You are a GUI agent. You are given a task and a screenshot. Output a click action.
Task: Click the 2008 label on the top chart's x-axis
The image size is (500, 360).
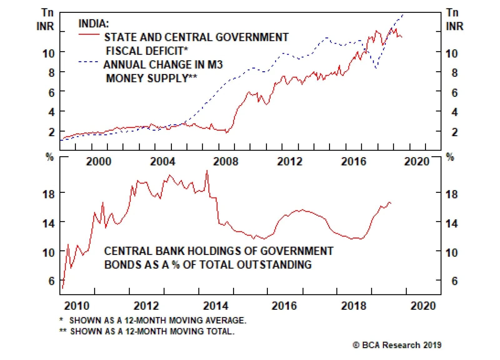coord(225,161)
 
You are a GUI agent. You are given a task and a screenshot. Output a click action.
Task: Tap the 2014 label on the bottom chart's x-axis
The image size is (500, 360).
coord(216,305)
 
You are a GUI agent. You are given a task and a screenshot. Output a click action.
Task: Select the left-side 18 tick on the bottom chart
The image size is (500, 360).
coord(48,194)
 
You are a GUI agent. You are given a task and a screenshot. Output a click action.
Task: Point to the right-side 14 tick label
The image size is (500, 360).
coord(451,223)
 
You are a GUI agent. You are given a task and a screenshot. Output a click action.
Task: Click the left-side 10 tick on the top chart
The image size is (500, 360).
coord(48,53)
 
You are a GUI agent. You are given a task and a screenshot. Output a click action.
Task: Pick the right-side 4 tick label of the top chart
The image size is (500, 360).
coord(454,112)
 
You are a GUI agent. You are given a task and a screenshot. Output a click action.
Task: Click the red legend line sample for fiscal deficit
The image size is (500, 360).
coord(89,34)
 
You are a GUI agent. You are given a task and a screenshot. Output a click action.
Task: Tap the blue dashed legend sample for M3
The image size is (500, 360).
coord(88,62)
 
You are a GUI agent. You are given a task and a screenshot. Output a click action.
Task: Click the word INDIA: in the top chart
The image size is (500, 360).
coord(93,23)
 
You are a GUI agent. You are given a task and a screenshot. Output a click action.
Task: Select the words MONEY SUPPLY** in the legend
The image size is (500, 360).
coord(152,78)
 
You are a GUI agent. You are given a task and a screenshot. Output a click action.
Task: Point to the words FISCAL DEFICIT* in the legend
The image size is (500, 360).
coord(147,51)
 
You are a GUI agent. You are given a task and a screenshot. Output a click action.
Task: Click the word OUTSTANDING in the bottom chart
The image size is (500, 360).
coord(274,265)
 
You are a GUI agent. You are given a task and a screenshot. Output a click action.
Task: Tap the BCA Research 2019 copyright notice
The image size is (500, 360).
coord(397,345)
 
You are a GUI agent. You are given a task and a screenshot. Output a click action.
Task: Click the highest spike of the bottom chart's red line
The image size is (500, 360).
coord(207,171)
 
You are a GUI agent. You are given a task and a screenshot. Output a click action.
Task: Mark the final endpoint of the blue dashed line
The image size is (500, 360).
coord(403,14)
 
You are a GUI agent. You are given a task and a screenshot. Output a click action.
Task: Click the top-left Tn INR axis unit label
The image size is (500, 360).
coord(46,19)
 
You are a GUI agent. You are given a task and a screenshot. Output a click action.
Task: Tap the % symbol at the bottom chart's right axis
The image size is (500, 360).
coord(450,157)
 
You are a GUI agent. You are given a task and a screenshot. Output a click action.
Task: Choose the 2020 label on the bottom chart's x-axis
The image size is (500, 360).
coord(423,305)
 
